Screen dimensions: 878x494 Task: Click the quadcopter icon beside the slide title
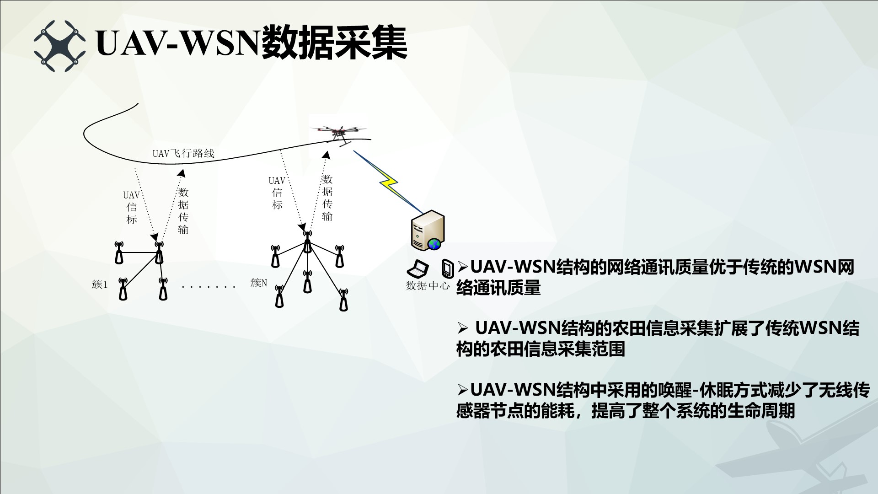point(59,46)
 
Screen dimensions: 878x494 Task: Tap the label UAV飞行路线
point(183,153)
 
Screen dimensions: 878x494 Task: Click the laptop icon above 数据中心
point(418,269)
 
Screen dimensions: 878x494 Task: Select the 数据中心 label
point(428,286)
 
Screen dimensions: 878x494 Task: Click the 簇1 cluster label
point(100,285)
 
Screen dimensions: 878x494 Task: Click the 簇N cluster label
point(259,283)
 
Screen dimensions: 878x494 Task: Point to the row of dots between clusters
point(208,287)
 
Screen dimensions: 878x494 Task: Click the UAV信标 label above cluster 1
point(132,207)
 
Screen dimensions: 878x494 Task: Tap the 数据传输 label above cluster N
point(327,198)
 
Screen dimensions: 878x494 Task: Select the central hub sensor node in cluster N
point(307,242)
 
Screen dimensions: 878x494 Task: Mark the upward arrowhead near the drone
point(326,156)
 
